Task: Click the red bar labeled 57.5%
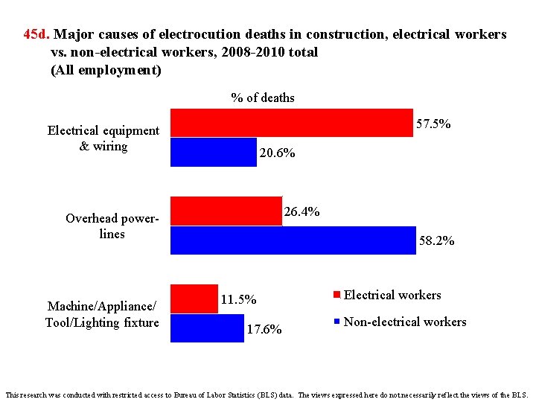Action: click(x=292, y=123)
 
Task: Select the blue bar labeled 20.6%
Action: click(x=214, y=153)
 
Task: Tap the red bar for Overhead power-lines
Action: click(x=226, y=211)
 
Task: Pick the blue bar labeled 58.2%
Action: click(x=293, y=240)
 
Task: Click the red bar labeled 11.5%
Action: click(x=194, y=299)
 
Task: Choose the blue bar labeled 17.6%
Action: click(x=207, y=328)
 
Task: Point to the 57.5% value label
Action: click(x=433, y=124)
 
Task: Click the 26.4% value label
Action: click(x=302, y=212)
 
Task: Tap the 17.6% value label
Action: click(x=264, y=330)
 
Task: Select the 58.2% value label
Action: click(x=437, y=241)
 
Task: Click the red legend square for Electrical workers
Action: click(x=337, y=296)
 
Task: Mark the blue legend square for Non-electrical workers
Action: click(x=337, y=322)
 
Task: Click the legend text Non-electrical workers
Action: click(x=405, y=322)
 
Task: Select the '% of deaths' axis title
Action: click(x=263, y=98)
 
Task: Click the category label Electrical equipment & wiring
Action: click(x=103, y=138)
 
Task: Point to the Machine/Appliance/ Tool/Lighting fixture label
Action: click(x=102, y=314)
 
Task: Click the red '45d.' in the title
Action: click(x=36, y=34)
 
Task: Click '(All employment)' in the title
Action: click(x=106, y=71)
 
